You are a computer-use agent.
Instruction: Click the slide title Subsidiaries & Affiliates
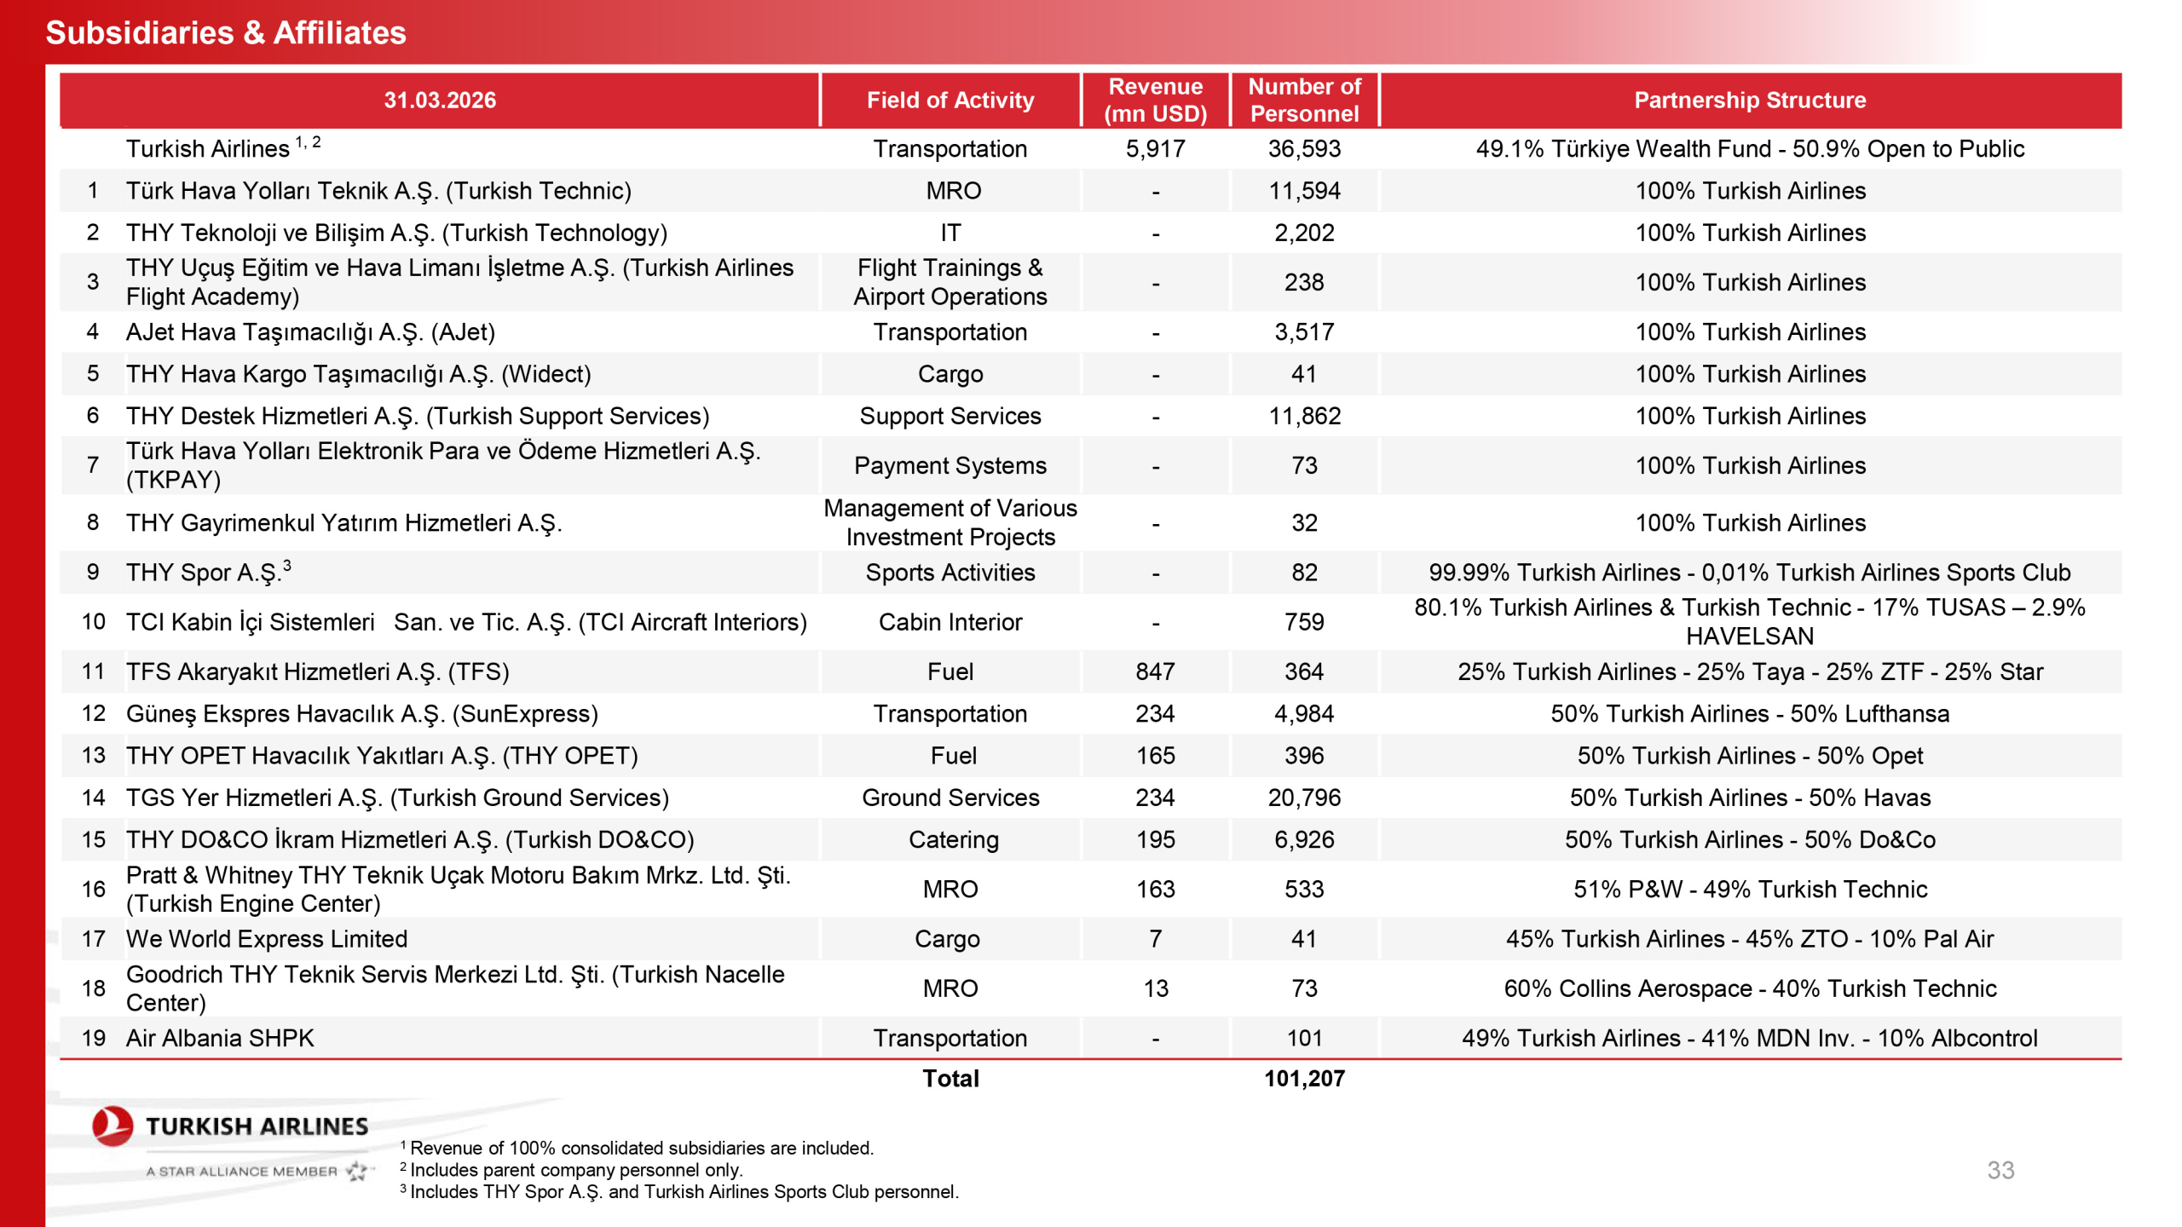(x=226, y=32)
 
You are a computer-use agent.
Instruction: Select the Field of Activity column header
(x=950, y=100)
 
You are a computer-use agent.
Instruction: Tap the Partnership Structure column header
(x=1749, y=100)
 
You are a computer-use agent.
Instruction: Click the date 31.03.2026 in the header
(x=439, y=100)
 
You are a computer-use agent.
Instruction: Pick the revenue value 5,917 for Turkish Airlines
(x=1155, y=148)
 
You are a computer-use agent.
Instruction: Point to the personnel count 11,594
(x=1304, y=191)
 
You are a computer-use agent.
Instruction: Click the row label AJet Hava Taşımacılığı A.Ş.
(x=310, y=331)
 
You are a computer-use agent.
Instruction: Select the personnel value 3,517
(x=1304, y=331)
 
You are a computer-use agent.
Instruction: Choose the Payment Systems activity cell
(x=950, y=465)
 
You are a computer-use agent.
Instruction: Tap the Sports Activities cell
(x=950, y=572)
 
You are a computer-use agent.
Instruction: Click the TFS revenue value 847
(x=1155, y=671)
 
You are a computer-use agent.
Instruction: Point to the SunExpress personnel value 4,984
(x=1304, y=713)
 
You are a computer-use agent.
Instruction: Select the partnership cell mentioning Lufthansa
(x=1749, y=713)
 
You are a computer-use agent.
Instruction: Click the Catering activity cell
(x=953, y=839)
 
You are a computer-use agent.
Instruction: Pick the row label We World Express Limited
(x=267, y=938)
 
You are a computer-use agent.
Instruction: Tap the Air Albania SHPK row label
(x=220, y=1038)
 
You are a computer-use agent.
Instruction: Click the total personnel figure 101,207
(x=1304, y=1078)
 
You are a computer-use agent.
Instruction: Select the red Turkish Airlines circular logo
(x=113, y=1126)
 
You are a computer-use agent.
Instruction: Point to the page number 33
(x=2000, y=1170)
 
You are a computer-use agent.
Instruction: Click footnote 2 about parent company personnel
(x=575, y=1170)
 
